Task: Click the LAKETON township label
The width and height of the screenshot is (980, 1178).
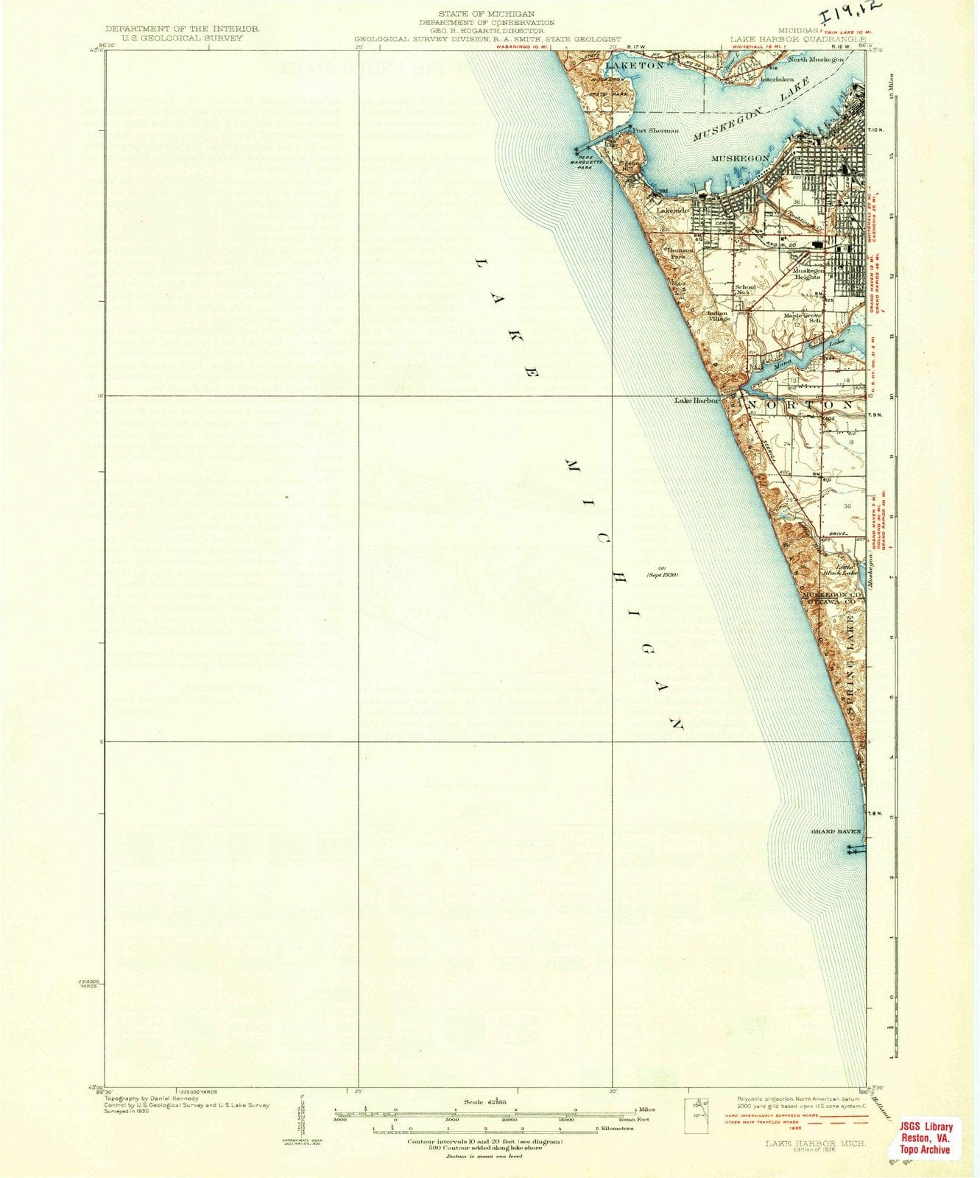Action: pyautogui.click(x=634, y=66)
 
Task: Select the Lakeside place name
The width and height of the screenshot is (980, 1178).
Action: pyautogui.click(x=672, y=211)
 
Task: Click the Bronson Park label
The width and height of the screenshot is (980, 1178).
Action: pyautogui.click(x=680, y=253)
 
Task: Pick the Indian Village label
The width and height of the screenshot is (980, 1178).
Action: pyautogui.click(x=717, y=316)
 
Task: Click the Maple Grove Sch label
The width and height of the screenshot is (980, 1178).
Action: pyautogui.click(x=802, y=318)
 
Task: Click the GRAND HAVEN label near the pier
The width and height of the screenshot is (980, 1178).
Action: pyautogui.click(x=835, y=831)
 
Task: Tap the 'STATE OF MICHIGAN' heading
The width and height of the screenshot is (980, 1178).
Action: pyautogui.click(x=486, y=14)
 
